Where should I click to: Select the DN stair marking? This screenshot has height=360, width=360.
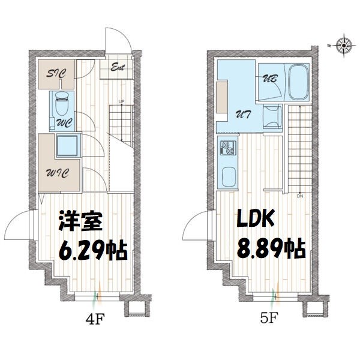tap(299, 196)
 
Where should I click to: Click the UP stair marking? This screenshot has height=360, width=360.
tap(121, 100)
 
